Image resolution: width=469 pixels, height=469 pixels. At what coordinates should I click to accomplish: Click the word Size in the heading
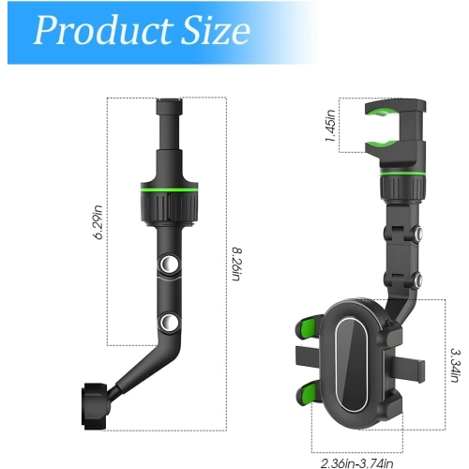pyautogui.click(x=217, y=32)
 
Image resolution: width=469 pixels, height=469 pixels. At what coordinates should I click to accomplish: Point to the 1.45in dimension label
pyautogui.click(x=330, y=125)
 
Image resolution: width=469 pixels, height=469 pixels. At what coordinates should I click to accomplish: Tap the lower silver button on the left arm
pyautogui.click(x=170, y=324)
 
